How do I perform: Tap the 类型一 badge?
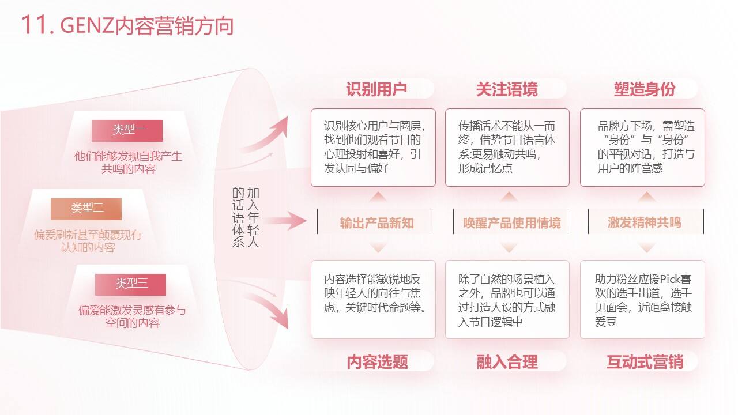pos(127,131)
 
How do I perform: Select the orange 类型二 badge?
pos(86,209)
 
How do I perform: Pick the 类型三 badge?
pos(130,285)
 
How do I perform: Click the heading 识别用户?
pos(376,89)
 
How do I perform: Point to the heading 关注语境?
pos(507,89)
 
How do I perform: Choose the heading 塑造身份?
pos(645,89)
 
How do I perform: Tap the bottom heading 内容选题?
pos(377,361)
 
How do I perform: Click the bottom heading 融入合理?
pos(507,361)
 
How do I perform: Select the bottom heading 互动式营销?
pos(645,361)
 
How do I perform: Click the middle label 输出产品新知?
pos(376,223)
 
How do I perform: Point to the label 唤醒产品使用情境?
pos(511,223)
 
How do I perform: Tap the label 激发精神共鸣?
pos(645,222)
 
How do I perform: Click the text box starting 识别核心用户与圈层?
pos(373,148)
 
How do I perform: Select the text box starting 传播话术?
pos(507,148)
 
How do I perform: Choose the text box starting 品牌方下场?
pos(642,148)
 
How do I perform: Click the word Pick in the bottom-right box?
pos(665,280)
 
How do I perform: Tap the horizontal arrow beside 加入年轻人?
pos(285,220)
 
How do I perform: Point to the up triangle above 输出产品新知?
pos(378,197)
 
